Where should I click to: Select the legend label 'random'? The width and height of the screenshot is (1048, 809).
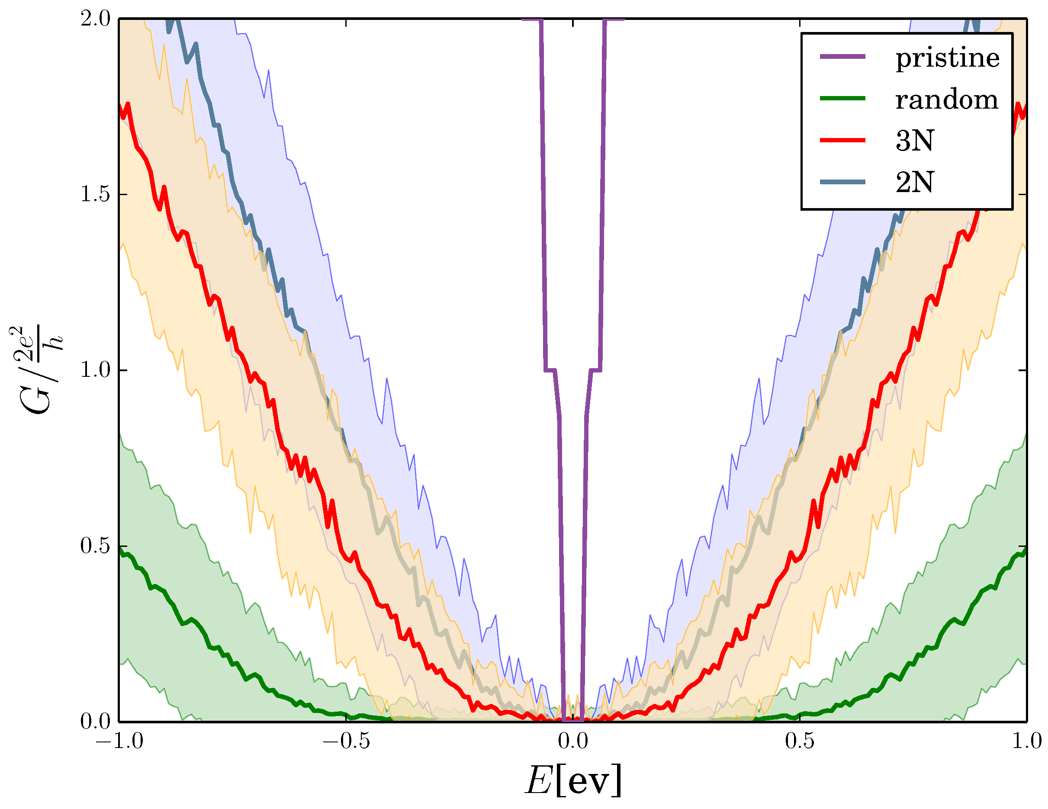tap(946, 100)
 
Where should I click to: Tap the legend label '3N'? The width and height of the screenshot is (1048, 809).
tap(914, 141)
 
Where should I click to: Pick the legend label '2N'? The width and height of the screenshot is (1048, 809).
tap(914, 182)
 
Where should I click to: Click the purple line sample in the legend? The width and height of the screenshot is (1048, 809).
tap(842, 57)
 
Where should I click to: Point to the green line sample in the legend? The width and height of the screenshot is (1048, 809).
tap(842, 98)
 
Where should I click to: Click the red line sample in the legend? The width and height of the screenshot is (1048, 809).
tap(842, 140)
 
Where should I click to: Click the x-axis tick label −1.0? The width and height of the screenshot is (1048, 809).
tap(119, 742)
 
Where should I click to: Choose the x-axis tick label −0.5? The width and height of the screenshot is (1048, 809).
tap(345, 742)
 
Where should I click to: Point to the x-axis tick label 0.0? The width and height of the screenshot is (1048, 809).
tap(572, 742)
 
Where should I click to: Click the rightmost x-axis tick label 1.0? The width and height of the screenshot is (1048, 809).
tap(1026, 742)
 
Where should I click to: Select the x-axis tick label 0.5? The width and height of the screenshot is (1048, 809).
tap(800, 742)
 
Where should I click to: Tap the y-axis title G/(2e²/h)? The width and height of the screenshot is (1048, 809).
tap(36, 370)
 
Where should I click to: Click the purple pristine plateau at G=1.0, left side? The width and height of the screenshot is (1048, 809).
tap(550, 370)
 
